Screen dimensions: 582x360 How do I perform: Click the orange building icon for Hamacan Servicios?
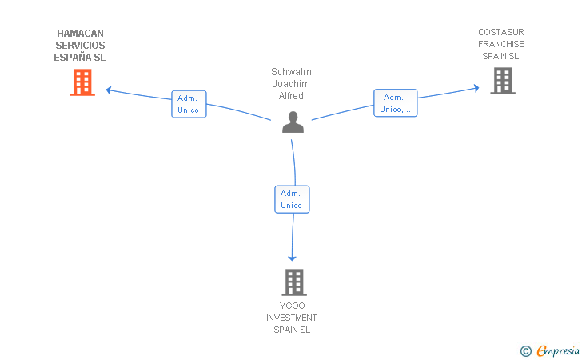pos(82,82)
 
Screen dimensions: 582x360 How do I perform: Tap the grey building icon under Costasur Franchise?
pos(503,81)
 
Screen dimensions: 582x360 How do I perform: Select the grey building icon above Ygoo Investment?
pos(294,282)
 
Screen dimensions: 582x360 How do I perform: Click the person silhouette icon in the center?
pos(293,122)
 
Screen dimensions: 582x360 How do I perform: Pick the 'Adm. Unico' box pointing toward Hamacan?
pos(189,104)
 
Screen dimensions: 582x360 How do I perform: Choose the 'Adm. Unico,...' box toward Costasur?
pos(395,103)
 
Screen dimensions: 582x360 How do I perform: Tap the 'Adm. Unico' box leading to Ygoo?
pos(292,199)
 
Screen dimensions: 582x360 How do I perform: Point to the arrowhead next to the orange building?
pos(109,90)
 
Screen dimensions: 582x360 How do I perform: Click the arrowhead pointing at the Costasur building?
pos(476,88)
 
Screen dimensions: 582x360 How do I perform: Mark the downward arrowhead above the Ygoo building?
pos(292,258)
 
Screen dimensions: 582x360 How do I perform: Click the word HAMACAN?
pos(80,34)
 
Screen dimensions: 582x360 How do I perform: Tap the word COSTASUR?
pos(501,32)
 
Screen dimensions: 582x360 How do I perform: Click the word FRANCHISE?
pos(501,44)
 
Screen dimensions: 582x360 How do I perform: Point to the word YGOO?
pos(292,306)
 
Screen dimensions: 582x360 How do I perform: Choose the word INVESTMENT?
pos(291,318)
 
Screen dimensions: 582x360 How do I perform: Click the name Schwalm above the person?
pos(291,72)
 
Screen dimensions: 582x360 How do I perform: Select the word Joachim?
pos(291,83)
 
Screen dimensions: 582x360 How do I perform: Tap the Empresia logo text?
pos(558,350)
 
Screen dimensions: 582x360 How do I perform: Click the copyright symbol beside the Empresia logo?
pos(526,351)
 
